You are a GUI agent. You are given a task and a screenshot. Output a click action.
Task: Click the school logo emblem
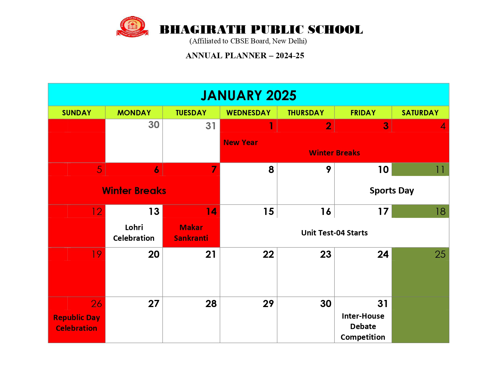pos(132,27)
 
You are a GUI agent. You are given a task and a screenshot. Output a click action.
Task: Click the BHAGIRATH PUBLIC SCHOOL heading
pos(261,30)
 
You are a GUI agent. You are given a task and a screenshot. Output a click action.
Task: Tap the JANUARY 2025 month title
pos(248,95)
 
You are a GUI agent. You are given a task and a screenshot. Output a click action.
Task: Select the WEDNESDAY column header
pos(248,113)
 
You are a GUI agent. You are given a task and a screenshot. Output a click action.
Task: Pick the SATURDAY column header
pos(420,113)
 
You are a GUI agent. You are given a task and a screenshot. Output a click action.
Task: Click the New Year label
pos(240,142)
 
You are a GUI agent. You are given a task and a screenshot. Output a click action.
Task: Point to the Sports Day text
pos(391,191)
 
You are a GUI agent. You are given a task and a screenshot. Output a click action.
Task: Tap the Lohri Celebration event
pos(134,233)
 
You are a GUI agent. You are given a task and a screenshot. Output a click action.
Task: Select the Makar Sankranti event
pos(191,233)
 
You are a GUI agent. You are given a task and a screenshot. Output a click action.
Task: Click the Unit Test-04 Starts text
pos(334,233)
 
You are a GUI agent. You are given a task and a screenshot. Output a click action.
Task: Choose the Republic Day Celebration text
pos(77,323)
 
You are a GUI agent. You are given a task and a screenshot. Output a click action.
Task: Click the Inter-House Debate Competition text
pos(363,326)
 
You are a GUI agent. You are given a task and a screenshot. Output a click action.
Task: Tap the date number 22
pos(268,254)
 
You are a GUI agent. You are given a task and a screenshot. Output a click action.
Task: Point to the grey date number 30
pos(154,125)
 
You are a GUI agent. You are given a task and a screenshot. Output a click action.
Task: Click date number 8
pos(271,170)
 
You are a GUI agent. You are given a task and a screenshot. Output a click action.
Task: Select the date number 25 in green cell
pos(440,254)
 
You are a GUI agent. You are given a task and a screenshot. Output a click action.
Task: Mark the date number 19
pos(97,254)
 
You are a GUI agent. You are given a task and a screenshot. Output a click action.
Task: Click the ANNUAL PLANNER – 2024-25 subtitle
pos(245,56)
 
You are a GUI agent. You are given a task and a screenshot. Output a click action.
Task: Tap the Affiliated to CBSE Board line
pos(248,41)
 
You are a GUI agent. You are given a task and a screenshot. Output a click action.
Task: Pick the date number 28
pos(211,304)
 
